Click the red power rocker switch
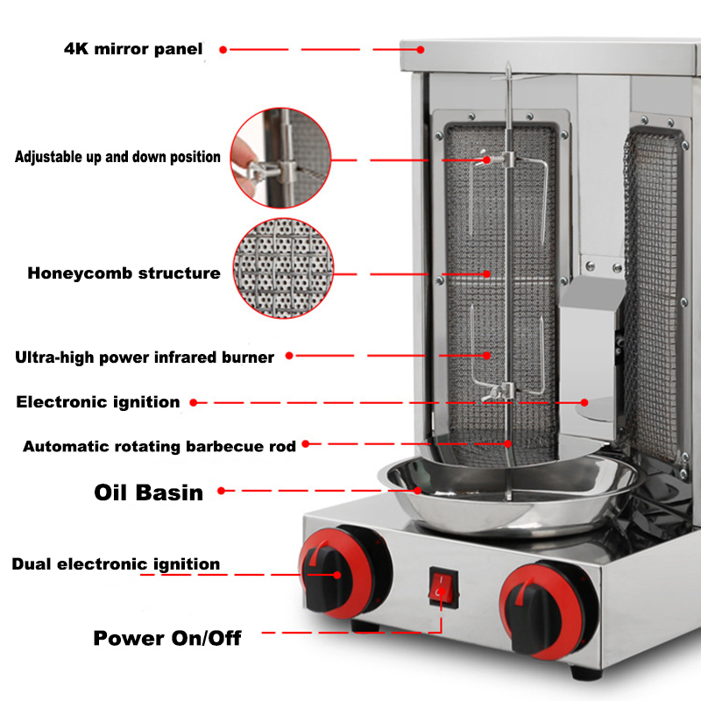pos(443,587)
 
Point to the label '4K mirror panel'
pos(133,49)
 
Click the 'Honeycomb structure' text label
pos(124,273)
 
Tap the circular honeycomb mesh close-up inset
pos(283,268)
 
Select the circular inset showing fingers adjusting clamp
pos(280,158)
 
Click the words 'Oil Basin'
pos(148,492)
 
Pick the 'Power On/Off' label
pos(167,639)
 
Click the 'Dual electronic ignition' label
pos(116,564)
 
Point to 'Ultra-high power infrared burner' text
pos(145,358)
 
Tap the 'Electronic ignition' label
pos(98,402)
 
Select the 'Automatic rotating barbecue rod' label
pos(159,446)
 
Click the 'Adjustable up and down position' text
pos(117,157)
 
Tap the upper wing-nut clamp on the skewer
pos(496,159)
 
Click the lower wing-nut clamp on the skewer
pos(498,393)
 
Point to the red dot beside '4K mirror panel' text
pos(223,50)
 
